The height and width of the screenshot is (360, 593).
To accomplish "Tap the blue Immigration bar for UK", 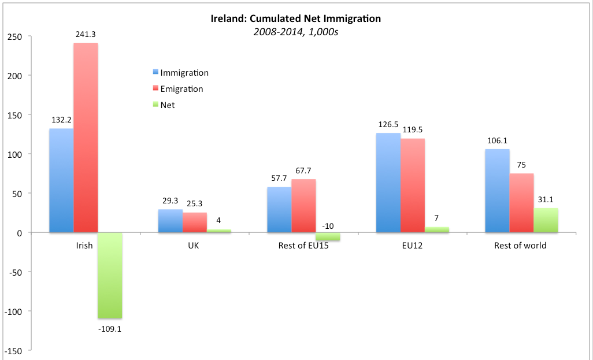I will (171, 221).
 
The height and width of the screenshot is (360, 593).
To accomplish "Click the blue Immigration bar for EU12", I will (388, 183).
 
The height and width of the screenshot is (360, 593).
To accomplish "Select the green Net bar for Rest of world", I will (546, 220).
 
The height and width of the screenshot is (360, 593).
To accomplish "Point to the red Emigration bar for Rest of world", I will (521, 203).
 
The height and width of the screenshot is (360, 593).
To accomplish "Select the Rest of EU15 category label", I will (303, 246).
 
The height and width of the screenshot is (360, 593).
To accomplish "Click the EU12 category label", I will (412, 246).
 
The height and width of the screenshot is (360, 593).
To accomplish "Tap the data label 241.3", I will (86, 35).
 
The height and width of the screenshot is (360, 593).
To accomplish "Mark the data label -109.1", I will (110, 329).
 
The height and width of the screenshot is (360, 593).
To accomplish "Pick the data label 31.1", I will (546, 199).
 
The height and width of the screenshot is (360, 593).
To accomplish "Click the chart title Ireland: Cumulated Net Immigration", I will (296, 18).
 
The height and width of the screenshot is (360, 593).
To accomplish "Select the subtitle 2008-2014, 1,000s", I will (295, 32).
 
